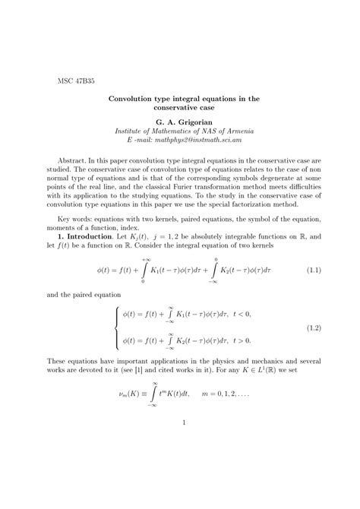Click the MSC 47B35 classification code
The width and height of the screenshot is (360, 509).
pyautogui.click(x=76, y=80)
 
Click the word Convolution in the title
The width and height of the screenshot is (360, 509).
pyautogui.click(x=133, y=99)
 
